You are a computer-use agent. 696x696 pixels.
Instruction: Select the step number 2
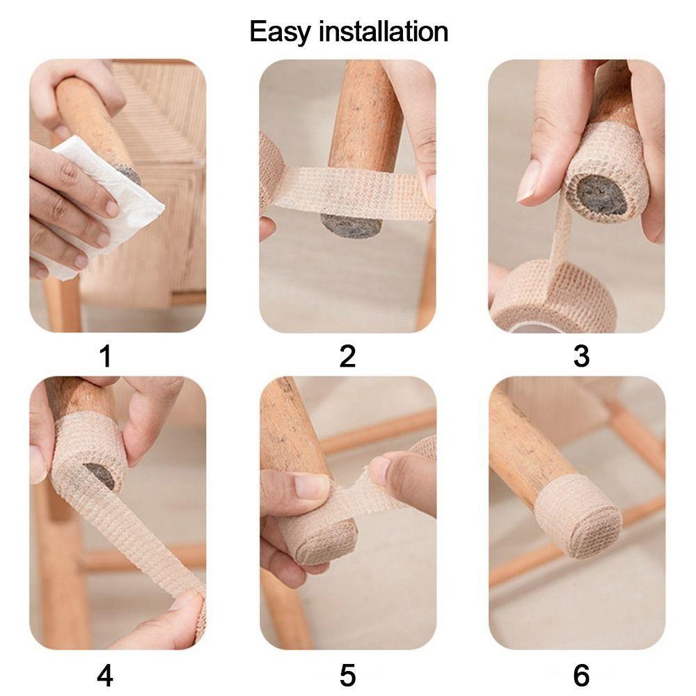347,357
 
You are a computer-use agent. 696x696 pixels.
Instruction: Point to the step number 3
581,357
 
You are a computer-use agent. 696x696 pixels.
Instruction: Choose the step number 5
347,675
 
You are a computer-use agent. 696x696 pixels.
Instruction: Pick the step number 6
581,675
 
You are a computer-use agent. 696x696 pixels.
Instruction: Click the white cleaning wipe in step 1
104,202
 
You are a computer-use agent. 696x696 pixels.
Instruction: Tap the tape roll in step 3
550,296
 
